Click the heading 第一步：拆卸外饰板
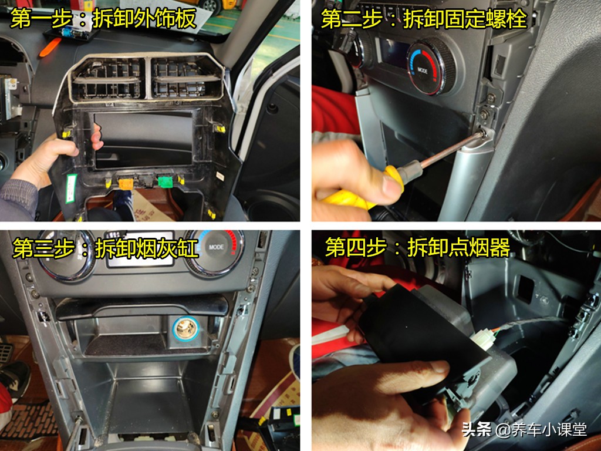tap(103, 18)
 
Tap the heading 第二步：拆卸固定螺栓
tap(424, 18)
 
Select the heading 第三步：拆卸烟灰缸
tap(106, 248)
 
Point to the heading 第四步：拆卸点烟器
tap(417, 247)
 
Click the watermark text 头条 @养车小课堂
tap(524, 429)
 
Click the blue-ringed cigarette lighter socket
tap(185, 328)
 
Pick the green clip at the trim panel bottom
tap(165, 181)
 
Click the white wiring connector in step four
tap(481, 339)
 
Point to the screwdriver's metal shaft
tap(449, 147)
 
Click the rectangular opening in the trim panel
tap(143, 140)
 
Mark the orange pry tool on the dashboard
tap(50, 47)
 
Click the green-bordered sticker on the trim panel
tap(72, 189)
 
